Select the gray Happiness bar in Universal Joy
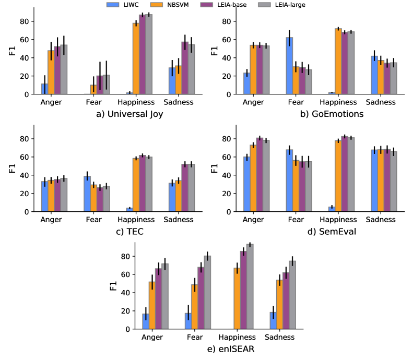tap(149, 54)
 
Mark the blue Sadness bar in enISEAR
tap(273, 320)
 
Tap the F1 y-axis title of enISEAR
tap(113, 286)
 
